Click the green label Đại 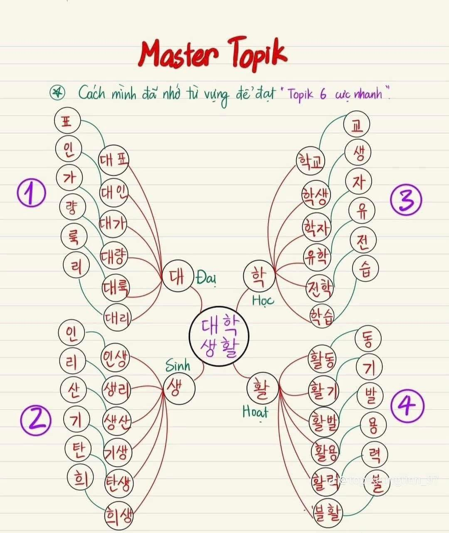207,277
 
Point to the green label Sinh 178,366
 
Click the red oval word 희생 119,516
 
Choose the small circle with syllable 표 67,121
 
